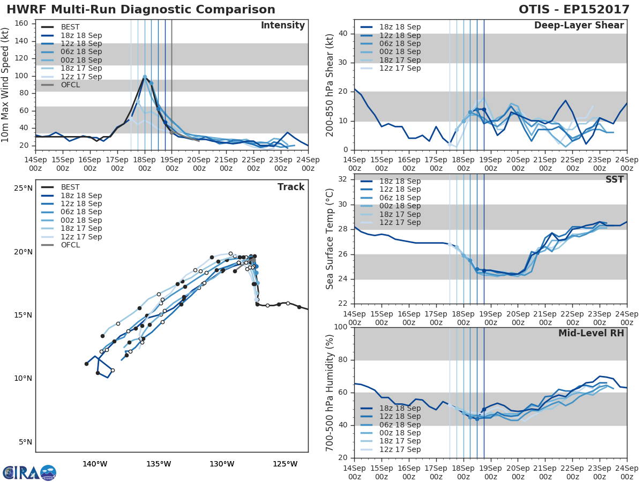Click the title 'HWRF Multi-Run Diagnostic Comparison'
141,10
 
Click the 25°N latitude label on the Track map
24,189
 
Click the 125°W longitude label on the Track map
285,464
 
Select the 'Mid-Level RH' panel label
591,333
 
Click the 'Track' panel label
291,187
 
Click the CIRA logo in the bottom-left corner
29,472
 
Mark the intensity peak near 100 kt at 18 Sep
145,77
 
